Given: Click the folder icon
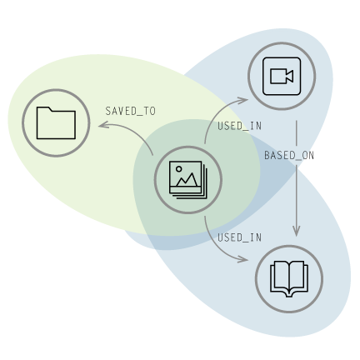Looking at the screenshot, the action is [56, 122].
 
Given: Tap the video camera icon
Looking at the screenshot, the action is [282, 76].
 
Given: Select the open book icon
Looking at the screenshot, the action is [289, 279].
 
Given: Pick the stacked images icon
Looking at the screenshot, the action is [188, 180].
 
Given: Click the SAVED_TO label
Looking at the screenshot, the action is [130, 111].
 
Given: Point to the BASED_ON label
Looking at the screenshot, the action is [289, 156].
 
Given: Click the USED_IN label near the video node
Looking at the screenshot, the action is [239, 126].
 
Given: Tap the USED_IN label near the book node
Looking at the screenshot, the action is [239, 237].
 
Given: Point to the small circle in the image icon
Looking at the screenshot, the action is [179, 169].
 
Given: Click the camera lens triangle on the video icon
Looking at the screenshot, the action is [289, 76].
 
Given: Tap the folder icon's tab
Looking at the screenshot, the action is [43, 109].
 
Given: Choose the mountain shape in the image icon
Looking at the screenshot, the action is [187, 180].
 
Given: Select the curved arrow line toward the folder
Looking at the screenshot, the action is [127, 131].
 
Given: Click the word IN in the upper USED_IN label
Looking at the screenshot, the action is [256, 126].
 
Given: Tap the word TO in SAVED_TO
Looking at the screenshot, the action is [150, 111].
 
